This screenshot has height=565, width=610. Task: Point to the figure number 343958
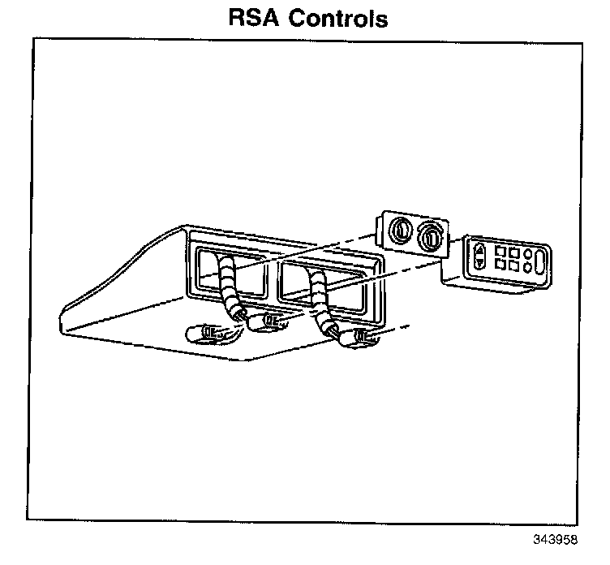point(557,540)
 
